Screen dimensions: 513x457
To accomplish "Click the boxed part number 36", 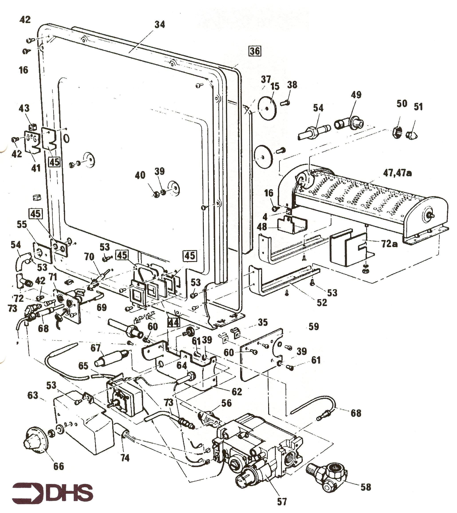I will [255, 51].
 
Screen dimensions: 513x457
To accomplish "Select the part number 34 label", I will [160, 24].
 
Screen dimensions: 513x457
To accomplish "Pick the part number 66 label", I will [59, 466].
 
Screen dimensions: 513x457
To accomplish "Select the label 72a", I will [389, 244].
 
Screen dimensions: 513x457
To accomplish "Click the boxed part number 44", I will [174, 322].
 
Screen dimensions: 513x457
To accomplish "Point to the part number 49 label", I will [356, 95].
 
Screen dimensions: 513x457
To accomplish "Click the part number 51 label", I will [418, 107].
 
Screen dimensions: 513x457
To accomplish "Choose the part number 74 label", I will [125, 458].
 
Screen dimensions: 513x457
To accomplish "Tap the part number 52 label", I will [322, 303].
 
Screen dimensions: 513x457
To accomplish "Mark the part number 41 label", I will [36, 168].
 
